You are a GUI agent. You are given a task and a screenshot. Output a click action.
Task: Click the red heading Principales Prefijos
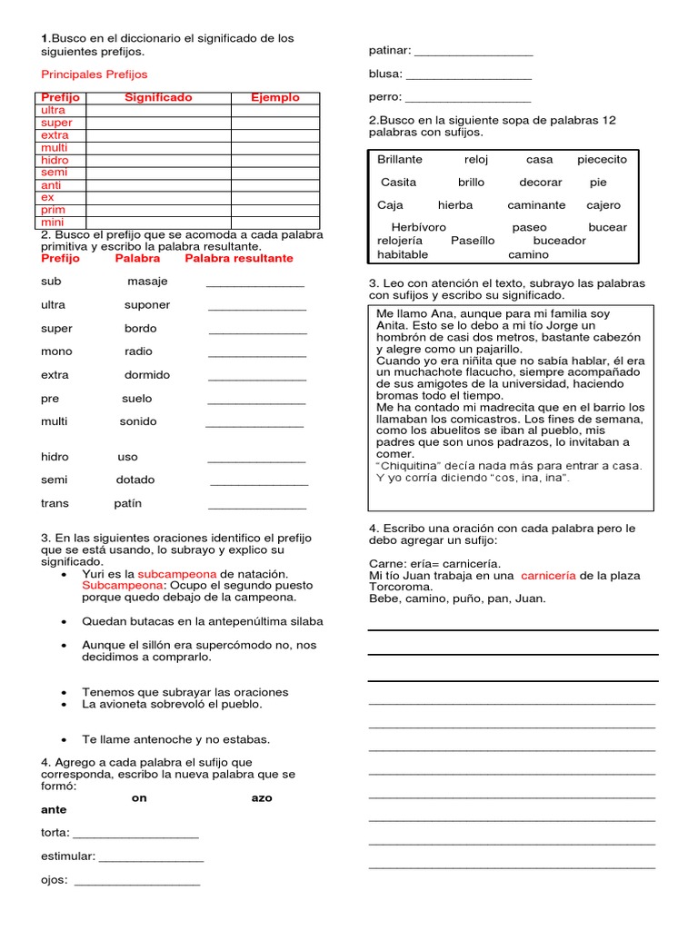(x=95, y=74)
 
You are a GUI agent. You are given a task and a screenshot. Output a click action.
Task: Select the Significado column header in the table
(x=158, y=97)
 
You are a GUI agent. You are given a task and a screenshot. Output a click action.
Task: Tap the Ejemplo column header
(x=275, y=97)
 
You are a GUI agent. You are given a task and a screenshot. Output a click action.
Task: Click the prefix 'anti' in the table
(x=51, y=185)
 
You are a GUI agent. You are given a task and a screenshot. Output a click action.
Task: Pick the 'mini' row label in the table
(x=52, y=222)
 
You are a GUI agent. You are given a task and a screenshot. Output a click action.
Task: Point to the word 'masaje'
(x=147, y=282)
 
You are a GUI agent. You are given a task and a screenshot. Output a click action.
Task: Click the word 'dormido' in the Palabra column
(x=147, y=374)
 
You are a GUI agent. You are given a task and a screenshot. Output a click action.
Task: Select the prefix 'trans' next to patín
(x=55, y=503)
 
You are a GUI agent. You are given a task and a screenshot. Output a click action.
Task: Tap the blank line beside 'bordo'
(x=257, y=332)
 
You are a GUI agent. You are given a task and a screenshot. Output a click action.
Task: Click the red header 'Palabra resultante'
(x=239, y=258)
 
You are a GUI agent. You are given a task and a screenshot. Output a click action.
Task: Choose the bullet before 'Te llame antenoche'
(x=63, y=740)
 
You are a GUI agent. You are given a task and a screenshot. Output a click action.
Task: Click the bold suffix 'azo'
(x=262, y=797)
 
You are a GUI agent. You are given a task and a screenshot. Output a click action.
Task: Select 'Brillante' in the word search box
(x=401, y=159)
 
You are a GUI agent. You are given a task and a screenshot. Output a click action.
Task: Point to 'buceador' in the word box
(x=559, y=241)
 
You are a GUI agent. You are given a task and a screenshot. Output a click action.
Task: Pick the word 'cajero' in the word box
(x=603, y=205)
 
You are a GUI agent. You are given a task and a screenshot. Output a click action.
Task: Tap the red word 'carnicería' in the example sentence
(x=548, y=576)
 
